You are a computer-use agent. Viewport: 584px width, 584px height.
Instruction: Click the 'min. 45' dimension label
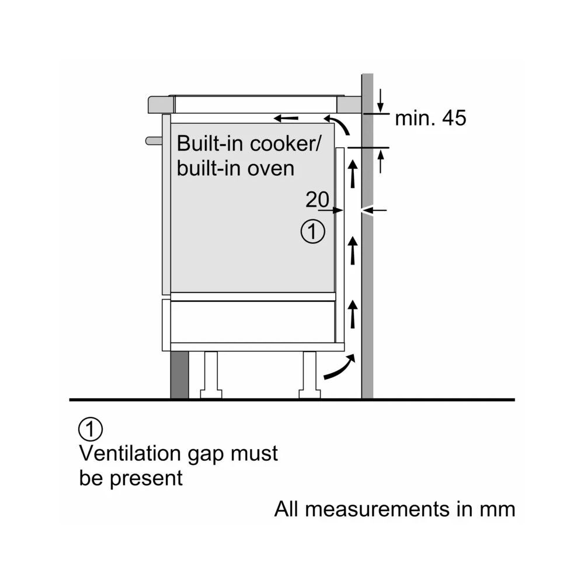[x=430, y=119]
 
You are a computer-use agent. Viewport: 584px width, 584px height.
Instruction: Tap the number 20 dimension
[x=317, y=200]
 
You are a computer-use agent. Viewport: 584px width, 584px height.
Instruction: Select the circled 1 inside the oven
[x=312, y=232]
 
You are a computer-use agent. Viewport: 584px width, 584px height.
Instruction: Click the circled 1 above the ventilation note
[x=90, y=429]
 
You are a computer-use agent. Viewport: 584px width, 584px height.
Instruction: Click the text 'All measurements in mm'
[x=395, y=509]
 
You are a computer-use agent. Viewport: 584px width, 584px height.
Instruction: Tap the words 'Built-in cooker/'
[x=245, y=144]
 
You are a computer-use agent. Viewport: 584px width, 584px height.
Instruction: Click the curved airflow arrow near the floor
[x=339, y=368]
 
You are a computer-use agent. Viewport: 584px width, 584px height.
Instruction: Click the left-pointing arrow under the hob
[x=286, y=119]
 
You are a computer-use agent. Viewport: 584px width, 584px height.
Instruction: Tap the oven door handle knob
[x=153, y=140]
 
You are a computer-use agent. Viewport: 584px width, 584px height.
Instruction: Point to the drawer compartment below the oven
[x=252, y=321]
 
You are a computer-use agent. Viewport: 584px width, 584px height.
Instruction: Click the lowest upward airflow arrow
[x=352, y=313]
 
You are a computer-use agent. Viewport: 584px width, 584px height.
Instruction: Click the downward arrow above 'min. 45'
[x=381, y=100]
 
